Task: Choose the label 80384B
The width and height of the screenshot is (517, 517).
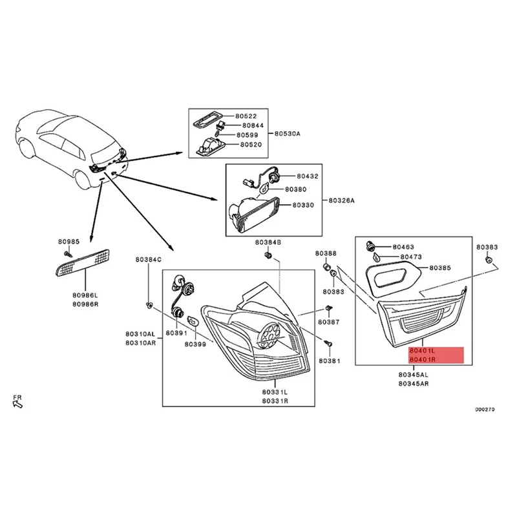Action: click(268, 242)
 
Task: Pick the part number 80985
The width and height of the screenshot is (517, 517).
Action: click(69, 242)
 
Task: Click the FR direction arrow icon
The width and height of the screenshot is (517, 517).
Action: click(17, 404)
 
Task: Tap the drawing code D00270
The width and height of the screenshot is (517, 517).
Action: click(485, 409)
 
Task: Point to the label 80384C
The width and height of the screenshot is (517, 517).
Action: click(149, 260)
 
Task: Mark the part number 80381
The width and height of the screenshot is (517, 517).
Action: click(329, 361)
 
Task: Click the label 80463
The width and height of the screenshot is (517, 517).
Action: click(403, 247)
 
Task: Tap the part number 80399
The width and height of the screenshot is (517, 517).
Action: click(195, 344)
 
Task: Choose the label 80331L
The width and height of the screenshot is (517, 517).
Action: click(276, 392)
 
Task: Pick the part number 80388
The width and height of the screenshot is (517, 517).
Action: click(326, 253)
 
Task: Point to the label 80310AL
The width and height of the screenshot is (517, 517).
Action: click(140, 334)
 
